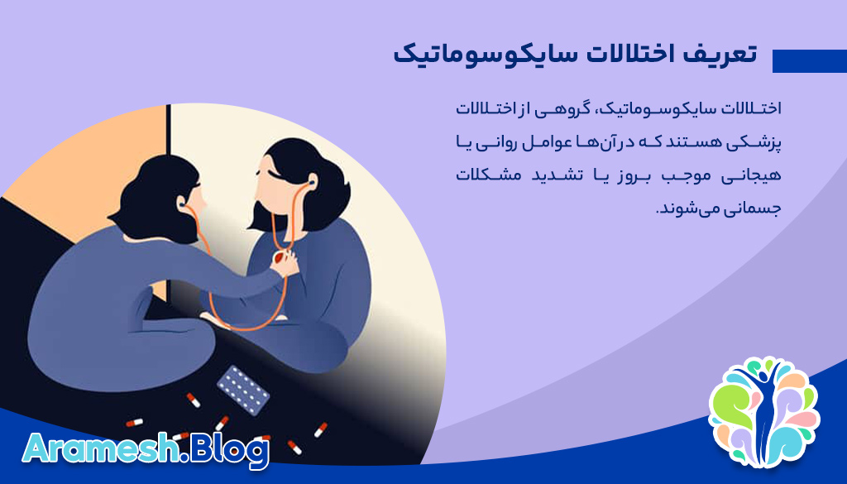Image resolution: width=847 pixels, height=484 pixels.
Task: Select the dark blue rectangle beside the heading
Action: (809, 61)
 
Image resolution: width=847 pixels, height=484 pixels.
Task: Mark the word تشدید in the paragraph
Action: (555, 175)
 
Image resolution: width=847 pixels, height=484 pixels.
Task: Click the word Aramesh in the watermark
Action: (100, 450)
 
